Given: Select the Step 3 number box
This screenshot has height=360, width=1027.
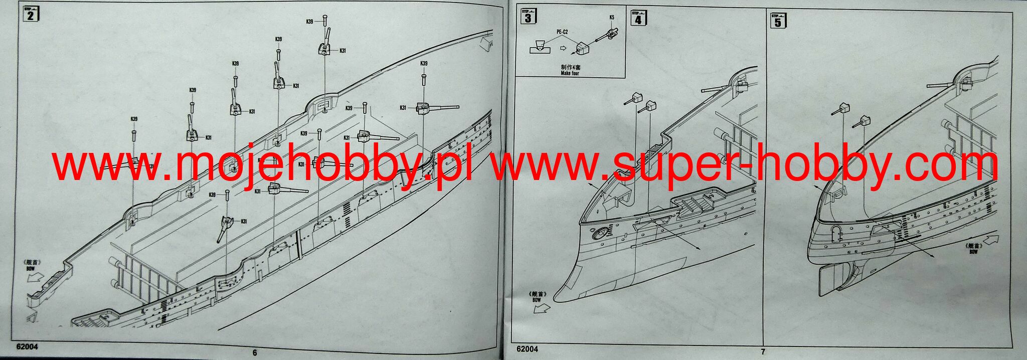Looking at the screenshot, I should pyautogui.click(x=528, y=18).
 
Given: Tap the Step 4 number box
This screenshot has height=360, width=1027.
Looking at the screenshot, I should pyautogui.click(x=637, y=19).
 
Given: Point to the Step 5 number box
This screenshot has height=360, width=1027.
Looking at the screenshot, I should pyautogui.click(x=777, y=21).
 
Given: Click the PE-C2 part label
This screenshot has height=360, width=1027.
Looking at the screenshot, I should pyautogui.click(x=562, y=32).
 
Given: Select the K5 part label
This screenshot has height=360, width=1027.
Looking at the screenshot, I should pyautogui.click(x=612, y=18).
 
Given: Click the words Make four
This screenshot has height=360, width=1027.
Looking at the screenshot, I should pyautogui.click(x=570, y=73).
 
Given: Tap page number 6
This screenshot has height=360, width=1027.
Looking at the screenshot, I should pyautogui.click(x=255, y=353).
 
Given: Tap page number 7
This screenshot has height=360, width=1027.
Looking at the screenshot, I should pyautogui.click(x=763, y=352).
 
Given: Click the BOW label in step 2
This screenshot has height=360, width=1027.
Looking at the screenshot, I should pyautogui.click(x=30, y=269).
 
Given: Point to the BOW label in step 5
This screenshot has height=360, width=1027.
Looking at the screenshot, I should pyautogui.click(x=973, y=252).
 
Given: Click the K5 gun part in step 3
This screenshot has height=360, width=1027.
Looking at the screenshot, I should pyautogui.click(x=610, y=34).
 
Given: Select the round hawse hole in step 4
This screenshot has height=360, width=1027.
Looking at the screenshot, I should pyautogui.click(x=599, y=234).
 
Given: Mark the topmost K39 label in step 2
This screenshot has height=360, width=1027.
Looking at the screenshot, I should pyautogui.click(x=309, y=22).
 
